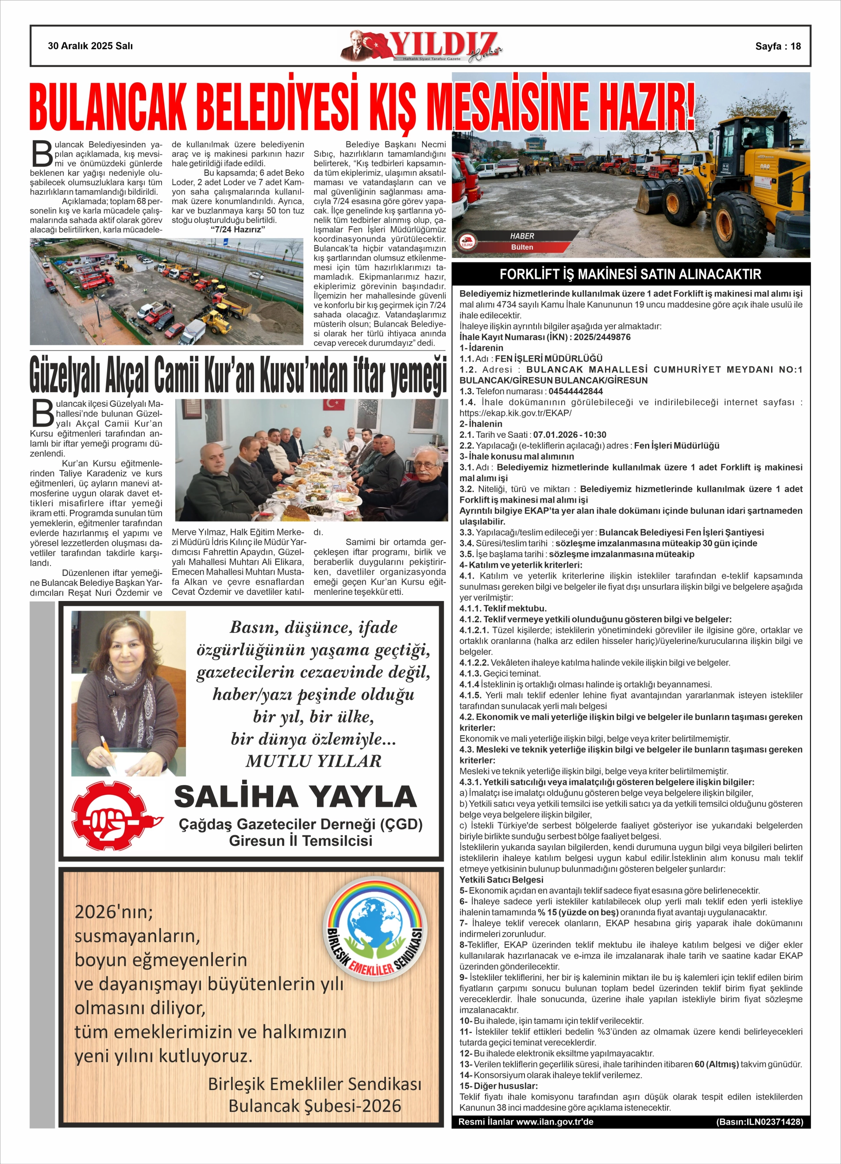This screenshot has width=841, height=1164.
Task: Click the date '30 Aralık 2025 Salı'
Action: tap(90, 46)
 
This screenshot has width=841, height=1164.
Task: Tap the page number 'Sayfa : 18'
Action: tap(777, 46)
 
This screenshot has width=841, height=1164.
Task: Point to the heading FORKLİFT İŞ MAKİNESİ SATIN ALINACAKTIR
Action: tap(630, 274)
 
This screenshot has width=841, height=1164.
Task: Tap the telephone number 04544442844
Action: tap(575, 391)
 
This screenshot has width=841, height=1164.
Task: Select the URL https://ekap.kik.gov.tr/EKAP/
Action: tap(515, 412)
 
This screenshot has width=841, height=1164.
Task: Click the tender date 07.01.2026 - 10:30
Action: tap(569, 435)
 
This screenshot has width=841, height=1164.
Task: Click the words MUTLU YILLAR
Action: tap(313, 761)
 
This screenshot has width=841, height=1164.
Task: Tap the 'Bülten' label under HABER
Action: tap(522, 247)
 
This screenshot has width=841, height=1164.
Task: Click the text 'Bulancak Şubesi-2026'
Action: tap(315, 1102)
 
